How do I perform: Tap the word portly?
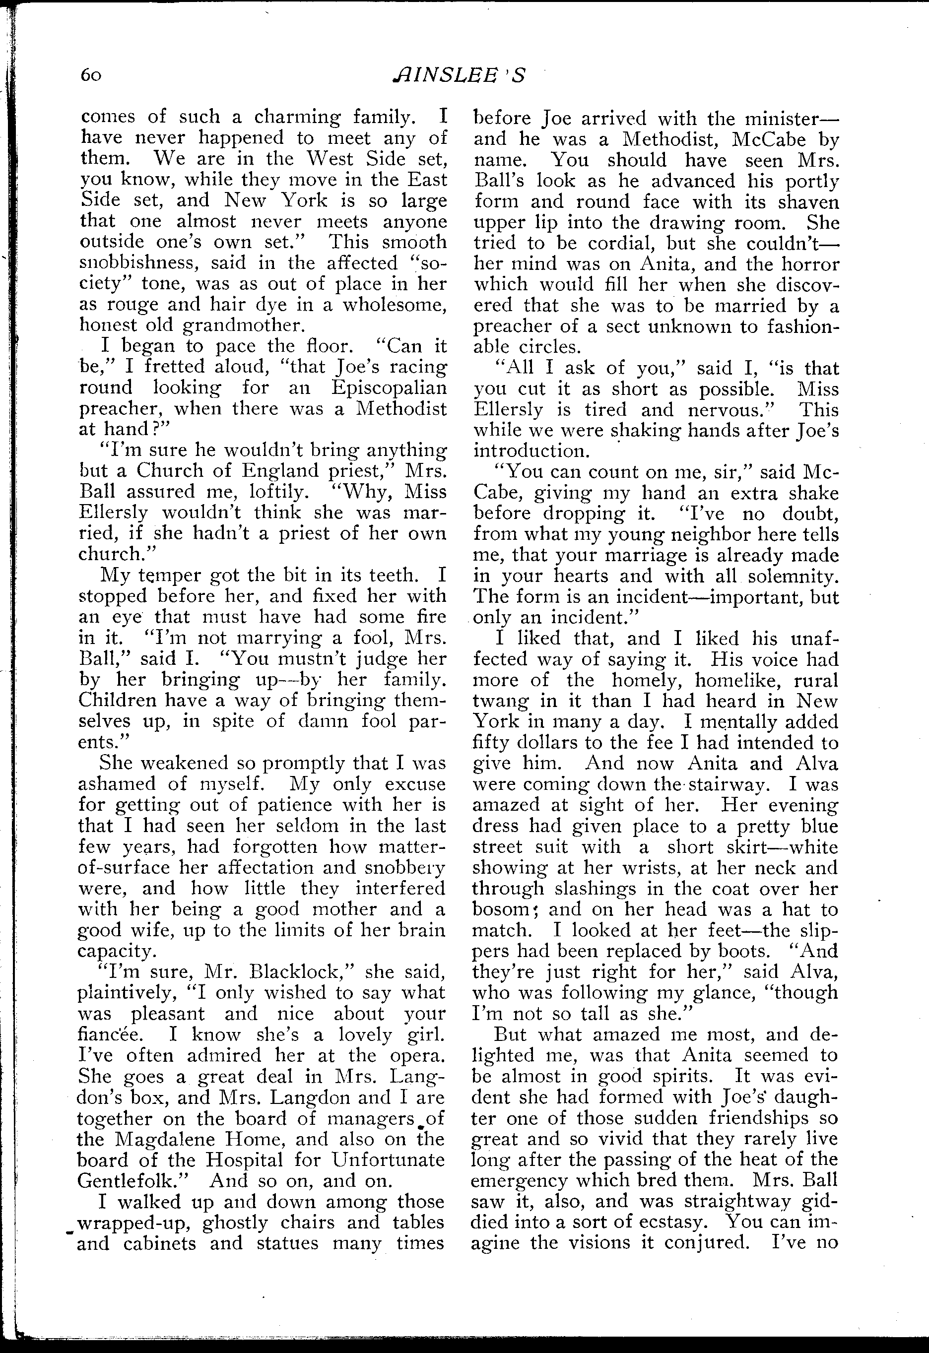click(x=812, y=181)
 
